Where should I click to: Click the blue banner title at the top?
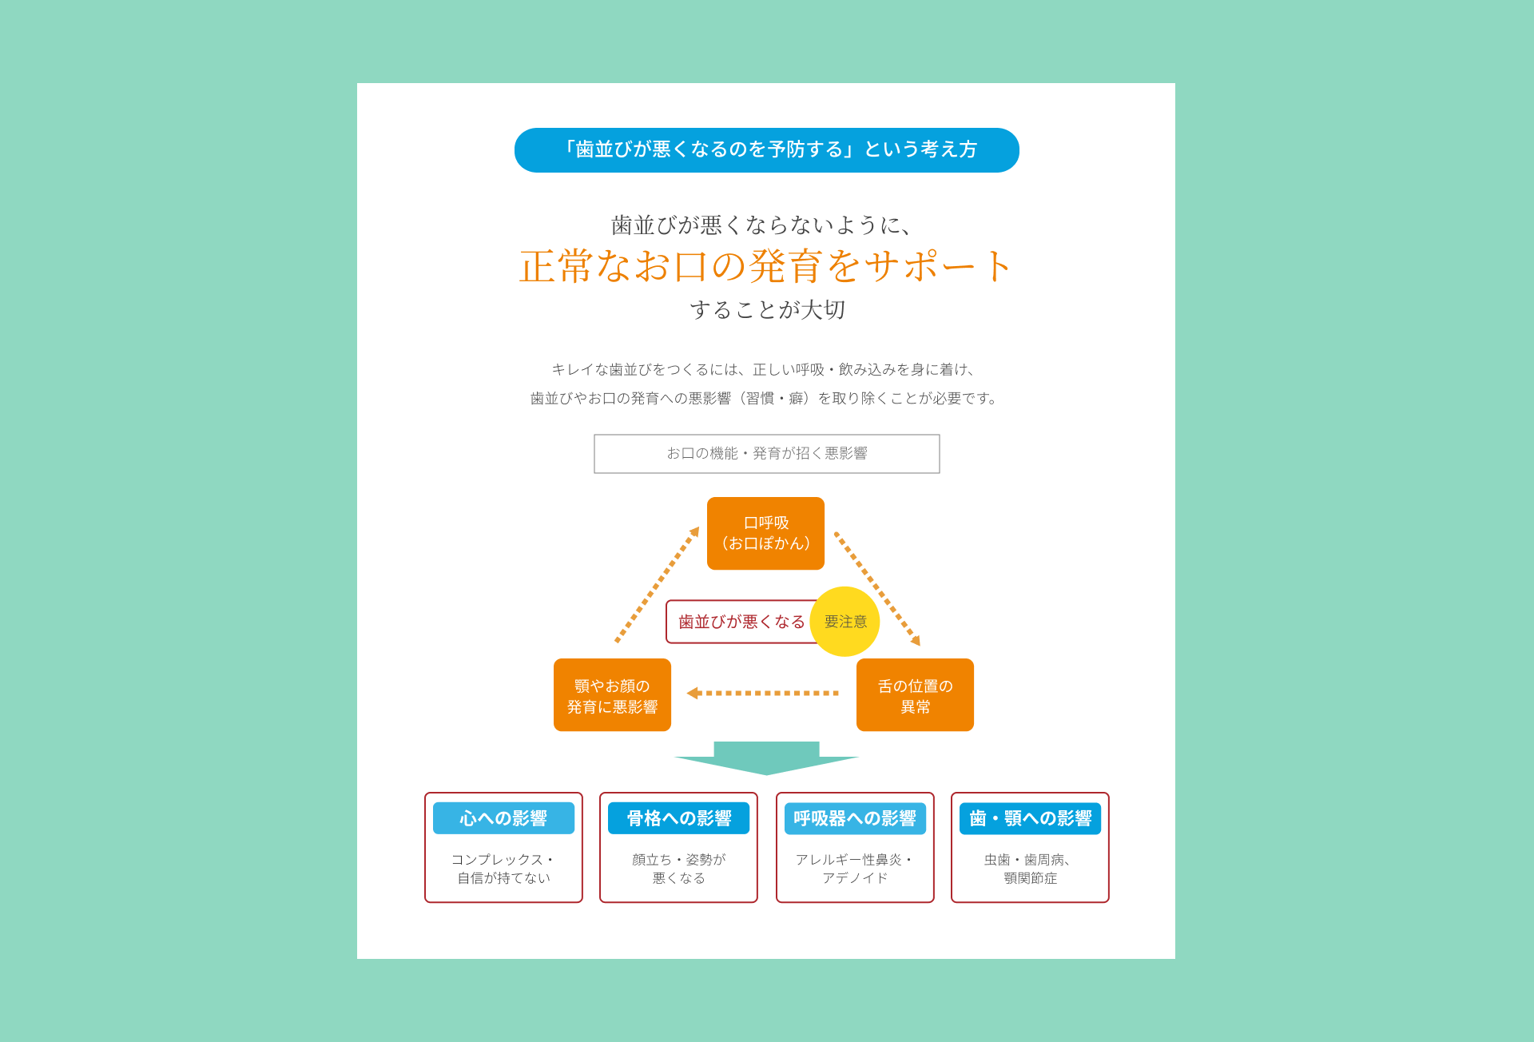767,150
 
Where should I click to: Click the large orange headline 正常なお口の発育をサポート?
766,266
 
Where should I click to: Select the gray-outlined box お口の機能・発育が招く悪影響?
767,454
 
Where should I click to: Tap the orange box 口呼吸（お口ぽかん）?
765,533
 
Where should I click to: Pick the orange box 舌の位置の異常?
915,694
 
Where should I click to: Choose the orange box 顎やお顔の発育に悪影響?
612,694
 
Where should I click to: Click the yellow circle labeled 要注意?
844,622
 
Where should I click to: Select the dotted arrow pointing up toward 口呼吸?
658,584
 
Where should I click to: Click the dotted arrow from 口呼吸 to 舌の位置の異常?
877,588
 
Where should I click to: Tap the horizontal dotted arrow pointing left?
762,693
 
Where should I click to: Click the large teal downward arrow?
766,758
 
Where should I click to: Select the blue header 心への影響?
503,818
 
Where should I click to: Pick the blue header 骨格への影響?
678,818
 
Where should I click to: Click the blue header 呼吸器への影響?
855,818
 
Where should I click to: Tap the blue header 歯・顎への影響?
1030,818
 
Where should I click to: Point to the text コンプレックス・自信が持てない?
503,869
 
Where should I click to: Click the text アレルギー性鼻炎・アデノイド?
855,869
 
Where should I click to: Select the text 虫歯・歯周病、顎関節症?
1030,869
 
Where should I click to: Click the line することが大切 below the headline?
767,309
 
